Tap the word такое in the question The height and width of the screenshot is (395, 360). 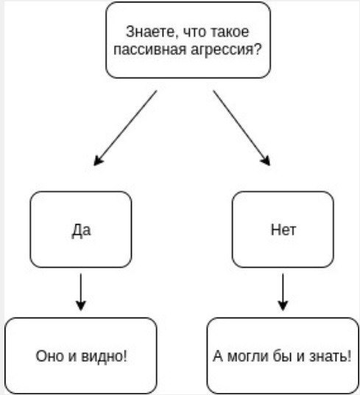tap(229, 32)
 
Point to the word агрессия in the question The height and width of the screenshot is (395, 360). tap(221, 49)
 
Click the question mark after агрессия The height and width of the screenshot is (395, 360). tap(257, 49)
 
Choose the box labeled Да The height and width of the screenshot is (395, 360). tap(81, 229)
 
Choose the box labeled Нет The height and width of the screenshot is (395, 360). tap(283, 229)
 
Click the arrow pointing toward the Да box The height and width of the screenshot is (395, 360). tap(125, 128)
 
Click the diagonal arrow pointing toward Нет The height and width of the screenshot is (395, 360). tap(241, 128)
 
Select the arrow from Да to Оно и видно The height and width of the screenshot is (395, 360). tap(81, 292)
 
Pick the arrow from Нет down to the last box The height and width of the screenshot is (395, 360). tap(283, 292)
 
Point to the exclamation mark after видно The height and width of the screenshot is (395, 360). tap(125, 356)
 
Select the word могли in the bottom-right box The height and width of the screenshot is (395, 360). tap(247, 357)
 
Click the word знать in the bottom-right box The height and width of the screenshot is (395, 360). tap(328, 357)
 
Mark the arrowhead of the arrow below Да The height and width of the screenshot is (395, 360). tap(81, 305)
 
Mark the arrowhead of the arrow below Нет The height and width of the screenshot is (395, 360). tap(283, 305)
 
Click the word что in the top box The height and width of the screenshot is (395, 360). tap(194, 32)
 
